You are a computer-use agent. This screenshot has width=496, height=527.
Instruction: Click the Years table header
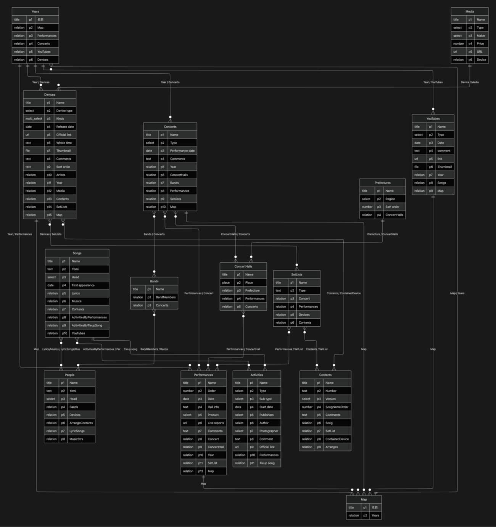pos(35,11)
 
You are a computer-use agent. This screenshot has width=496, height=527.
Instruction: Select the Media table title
pos(469,11)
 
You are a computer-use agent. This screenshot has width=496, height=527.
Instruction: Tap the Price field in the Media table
pos(480,44)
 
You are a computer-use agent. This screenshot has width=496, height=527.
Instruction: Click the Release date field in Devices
pos(65,127)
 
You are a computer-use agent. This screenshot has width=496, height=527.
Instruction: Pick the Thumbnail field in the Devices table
pos(63,151)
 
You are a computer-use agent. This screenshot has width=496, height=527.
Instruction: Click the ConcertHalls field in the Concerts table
pos(179,175)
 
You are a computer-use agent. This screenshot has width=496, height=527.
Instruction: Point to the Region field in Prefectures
pos(390,199)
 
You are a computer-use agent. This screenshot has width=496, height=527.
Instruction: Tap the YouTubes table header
pos(433,119)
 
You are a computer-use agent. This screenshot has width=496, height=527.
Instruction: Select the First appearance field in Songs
pos(83,285)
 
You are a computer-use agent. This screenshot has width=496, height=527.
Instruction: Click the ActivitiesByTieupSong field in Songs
pos(87,326)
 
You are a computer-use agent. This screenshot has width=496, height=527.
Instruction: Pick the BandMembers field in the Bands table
pos(166,297)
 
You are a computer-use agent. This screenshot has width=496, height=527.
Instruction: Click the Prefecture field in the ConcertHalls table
pos(252,290)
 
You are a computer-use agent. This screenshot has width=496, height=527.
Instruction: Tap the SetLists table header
pos(296,274)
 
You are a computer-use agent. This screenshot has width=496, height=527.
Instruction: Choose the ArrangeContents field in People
pos(81,423)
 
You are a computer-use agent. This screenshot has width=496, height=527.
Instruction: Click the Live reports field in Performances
pos(216,423)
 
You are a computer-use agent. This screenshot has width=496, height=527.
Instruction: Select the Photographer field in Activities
pos(269,431)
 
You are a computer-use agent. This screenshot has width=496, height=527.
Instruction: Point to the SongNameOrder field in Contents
pos(337,407)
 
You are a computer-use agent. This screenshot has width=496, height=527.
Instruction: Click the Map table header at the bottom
pos(364,500)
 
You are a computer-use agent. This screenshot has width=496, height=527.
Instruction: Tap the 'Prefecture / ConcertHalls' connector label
pos(382,234)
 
